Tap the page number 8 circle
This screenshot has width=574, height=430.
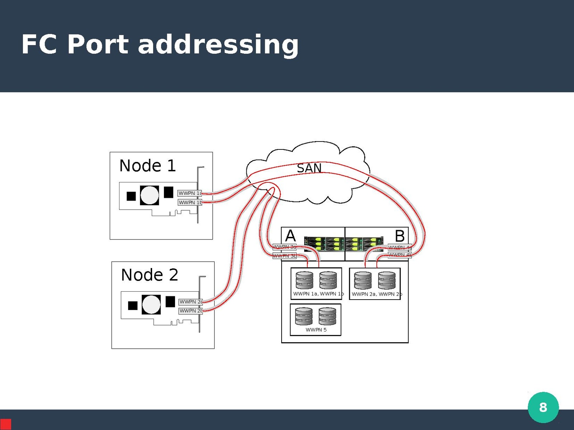(x=543, y=407)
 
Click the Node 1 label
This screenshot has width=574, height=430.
(x=147, y=166)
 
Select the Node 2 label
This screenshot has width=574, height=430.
(x=150, y=275)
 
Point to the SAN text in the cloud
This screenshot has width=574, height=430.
(x=309, y=168)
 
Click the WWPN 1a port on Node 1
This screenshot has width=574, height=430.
(x=190, y=193)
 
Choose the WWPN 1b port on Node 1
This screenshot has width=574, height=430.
(x=190, y=202)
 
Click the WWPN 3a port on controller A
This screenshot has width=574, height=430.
(x=284, y=247)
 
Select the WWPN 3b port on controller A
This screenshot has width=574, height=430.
(x=284, y=256)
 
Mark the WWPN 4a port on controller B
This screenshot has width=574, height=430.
(x=400, y=247)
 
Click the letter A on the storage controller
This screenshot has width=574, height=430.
(x=290, y=236)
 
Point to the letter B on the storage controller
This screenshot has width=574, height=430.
(x=400, y=236)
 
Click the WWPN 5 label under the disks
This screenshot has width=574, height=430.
(x=316, y=330)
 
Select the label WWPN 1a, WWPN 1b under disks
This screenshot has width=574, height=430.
(x=318, y=294)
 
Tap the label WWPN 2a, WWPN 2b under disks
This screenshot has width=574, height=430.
(x=377, y=294)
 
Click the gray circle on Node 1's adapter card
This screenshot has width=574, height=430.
(x=150, y=195)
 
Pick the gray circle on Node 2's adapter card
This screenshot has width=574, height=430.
(x=151, y=305)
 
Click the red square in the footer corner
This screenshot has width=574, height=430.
(x=5, y=424)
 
